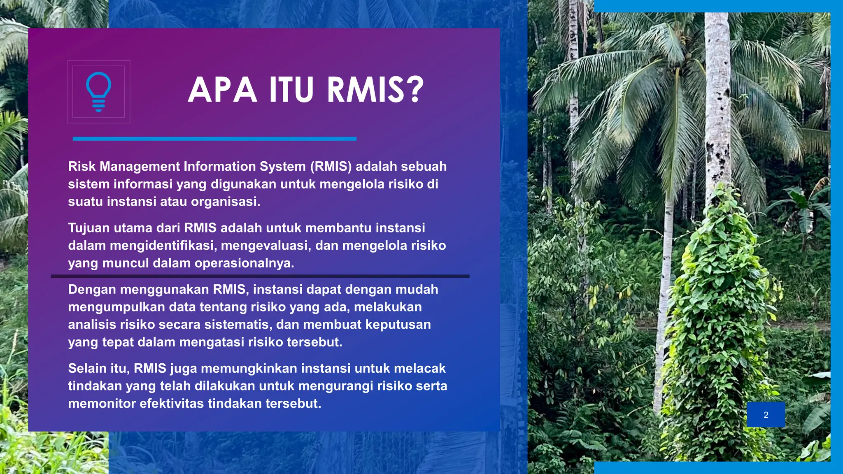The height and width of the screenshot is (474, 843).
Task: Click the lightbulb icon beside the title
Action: (x=98, y=92)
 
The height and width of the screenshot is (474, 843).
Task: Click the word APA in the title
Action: (x=223, y=90)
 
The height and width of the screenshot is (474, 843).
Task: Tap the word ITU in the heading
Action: (x=291, y=90)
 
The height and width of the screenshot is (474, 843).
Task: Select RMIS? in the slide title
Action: (x=375, y=90)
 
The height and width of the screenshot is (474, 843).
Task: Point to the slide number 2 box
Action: (x=766, y=415)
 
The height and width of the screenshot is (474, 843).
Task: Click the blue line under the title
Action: (x=214, y=139)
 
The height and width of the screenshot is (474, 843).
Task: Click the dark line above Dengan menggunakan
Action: (x=260, y=276)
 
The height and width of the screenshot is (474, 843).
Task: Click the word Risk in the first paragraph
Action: (x=82, y=166)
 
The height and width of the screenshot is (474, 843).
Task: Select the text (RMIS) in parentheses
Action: (x=331, y=166)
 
